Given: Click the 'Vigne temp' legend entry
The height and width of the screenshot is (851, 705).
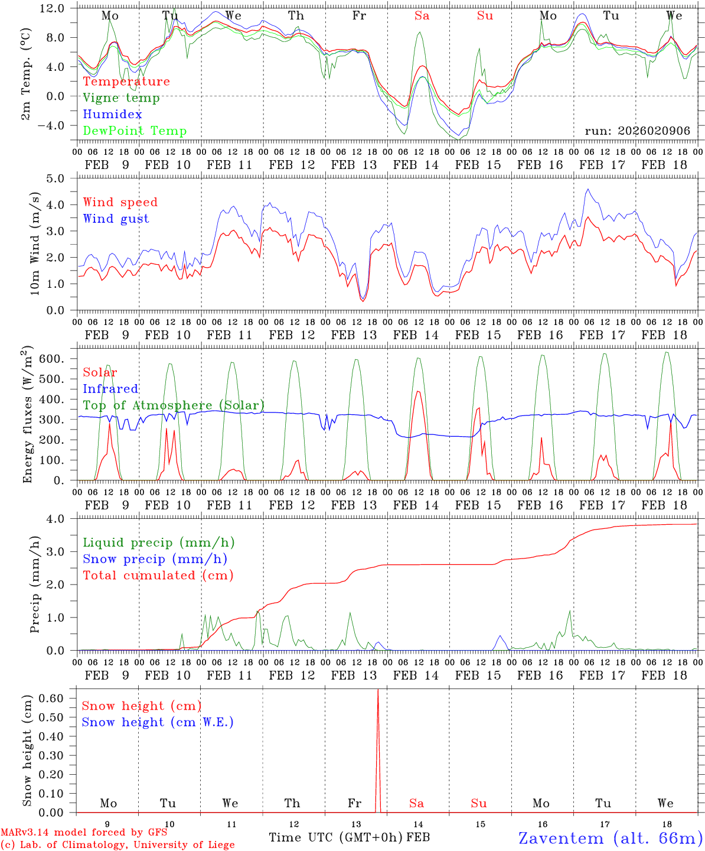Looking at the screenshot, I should pos(121,98).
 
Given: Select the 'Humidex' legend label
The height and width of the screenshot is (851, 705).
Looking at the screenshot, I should pos(112,115).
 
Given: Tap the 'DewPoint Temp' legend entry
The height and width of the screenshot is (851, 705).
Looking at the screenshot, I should pos(135,131).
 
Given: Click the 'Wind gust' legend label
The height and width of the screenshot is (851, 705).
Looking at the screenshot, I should pos(116,219).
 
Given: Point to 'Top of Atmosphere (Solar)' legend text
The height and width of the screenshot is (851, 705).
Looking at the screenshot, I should pos(174,405).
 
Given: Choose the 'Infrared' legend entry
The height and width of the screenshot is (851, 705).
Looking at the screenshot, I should pos(110,389).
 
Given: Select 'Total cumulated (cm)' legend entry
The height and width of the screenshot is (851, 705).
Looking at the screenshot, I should pos(158,575).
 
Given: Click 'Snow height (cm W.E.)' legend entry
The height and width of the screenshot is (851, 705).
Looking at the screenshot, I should pos(158,722).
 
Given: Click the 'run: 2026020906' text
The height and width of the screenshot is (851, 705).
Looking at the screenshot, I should pos(637,131).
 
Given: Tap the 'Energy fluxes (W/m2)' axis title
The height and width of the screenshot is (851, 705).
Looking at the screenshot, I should pos(28,416).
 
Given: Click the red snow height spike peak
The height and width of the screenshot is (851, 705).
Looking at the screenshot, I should pos(378,690).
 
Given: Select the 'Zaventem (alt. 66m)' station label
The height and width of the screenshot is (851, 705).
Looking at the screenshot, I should pos(611,838).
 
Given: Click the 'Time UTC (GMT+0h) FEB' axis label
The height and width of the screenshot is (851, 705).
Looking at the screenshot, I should pos(349,837).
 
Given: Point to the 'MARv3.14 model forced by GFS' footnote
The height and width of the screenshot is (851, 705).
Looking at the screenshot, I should pos(83,833).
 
